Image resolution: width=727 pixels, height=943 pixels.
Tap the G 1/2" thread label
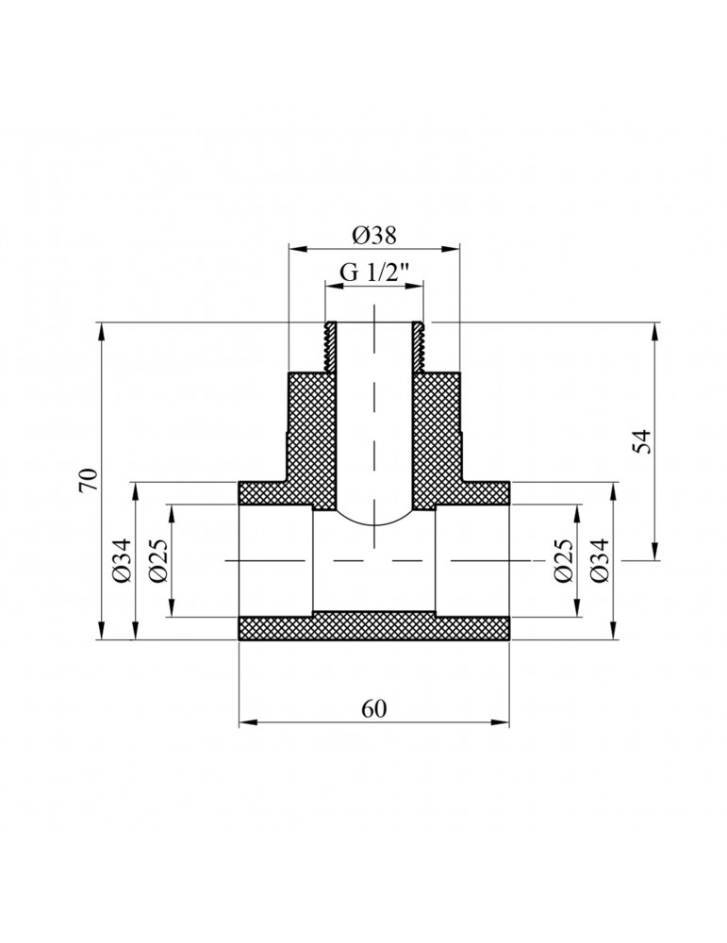(373, 273)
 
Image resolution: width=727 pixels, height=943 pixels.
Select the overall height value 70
(87, 481)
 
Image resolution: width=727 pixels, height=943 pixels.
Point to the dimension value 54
(642, 441)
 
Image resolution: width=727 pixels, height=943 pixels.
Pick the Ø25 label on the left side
(157, 561)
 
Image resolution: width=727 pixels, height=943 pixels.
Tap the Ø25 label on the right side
(563, 561)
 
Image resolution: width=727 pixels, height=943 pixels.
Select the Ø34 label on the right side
(600, 561)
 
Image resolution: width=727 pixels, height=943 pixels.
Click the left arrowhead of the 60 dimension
(245, 723)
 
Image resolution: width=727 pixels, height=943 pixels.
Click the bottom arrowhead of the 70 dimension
(101, 633)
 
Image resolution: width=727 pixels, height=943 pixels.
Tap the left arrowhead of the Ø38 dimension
(295, 250)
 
